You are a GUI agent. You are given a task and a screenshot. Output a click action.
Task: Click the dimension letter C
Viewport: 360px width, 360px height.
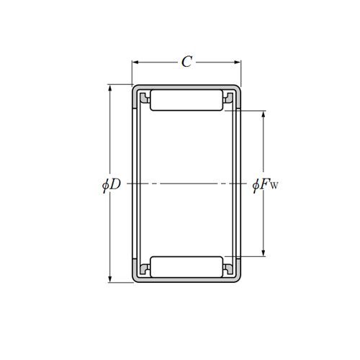(x=186, y=63)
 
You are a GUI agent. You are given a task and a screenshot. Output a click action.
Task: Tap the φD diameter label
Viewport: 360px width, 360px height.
(x=112, y=185)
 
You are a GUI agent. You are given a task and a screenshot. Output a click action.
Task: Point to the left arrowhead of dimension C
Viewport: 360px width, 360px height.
(x=135, y=63)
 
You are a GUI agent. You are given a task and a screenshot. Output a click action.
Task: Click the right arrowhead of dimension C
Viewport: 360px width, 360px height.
(x=238, y=63)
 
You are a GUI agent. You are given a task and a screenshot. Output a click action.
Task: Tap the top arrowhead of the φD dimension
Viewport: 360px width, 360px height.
(x=110, y=89)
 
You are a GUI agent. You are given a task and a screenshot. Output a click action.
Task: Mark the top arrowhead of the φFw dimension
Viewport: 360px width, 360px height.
(x=264, y=114)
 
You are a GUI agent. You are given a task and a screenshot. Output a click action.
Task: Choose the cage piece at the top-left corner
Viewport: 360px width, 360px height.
(x=144, y=96)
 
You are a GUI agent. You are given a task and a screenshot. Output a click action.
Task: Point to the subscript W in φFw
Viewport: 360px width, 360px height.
(x=274, y=188)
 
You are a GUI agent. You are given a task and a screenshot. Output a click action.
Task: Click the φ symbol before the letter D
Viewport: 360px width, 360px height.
(x=106, y=185)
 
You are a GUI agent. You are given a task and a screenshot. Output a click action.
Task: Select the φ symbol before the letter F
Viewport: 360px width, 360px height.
(x=256, y=185)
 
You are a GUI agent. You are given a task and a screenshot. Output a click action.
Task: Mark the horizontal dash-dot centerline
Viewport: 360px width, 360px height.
(x=186, y=184)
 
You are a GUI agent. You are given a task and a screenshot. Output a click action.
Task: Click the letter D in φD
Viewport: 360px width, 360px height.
(x=116, y=185)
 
